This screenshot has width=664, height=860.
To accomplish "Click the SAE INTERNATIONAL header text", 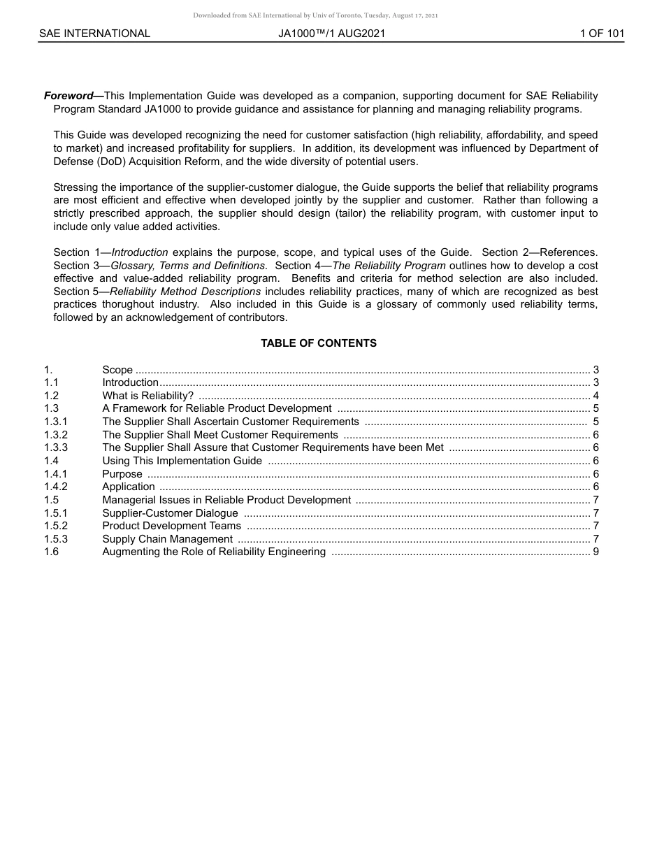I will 94,34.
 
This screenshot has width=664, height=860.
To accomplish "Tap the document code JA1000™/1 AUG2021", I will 331,34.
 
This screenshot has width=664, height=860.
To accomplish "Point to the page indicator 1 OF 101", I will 602,34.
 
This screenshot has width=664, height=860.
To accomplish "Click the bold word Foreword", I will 68,96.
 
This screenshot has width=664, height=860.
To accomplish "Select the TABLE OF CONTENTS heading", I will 319,343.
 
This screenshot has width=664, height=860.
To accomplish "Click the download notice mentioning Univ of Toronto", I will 315,15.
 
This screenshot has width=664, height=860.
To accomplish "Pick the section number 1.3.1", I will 56,422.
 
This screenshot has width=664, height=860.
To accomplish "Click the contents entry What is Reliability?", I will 148,396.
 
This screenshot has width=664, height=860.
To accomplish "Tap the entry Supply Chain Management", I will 168,539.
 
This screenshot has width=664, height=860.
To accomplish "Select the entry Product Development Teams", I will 172,526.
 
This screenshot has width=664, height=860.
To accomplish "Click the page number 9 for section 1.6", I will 596,552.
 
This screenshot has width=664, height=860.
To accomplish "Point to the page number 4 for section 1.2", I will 596,396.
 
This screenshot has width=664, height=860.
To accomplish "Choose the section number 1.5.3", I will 56,539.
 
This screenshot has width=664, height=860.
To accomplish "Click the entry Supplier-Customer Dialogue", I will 171,513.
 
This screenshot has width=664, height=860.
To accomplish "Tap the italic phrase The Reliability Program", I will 389,266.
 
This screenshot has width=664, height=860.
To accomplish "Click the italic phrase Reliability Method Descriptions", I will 185,292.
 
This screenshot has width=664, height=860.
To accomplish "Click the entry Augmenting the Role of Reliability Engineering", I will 214,552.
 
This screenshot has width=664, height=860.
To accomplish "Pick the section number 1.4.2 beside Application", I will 56,487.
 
